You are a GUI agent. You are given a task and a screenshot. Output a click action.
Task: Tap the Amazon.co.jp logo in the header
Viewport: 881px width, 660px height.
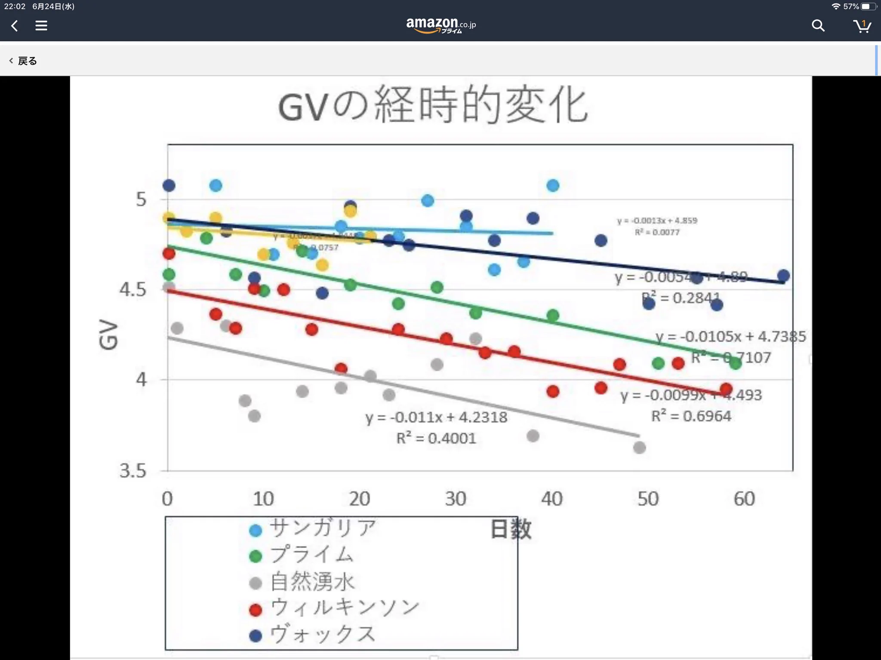click(x=440, y=25)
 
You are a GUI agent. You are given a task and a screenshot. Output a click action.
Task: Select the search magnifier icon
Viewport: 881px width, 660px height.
click(x=818, y=26)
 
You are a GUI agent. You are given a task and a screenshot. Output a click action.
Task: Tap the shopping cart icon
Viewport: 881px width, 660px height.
click(x=862, y=26)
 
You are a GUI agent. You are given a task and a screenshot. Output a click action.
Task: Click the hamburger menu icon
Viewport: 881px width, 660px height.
click(x=41, y=26)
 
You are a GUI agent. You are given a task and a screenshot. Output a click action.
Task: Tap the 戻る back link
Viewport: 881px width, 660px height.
click(x=24, y=61)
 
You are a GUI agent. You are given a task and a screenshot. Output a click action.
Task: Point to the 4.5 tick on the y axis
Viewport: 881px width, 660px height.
click(x=133, y=289)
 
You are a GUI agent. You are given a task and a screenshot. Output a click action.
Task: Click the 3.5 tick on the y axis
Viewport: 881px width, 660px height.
click(x=133, y=471)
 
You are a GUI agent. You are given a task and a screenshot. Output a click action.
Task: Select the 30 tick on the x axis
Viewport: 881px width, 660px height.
click(x=456, y=499)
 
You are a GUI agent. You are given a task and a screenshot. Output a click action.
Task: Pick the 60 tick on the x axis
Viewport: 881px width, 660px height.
click(x=744, y=499)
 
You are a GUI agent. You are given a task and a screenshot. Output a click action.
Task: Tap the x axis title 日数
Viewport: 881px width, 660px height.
click(x=511, y=529)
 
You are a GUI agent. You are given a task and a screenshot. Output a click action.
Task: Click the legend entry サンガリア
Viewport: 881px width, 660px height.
click(x=323, y=528)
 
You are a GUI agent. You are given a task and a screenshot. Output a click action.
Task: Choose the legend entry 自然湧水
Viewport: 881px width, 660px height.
click(x=312, y=582)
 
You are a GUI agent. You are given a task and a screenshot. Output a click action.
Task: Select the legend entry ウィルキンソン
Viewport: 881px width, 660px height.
click(x=344, y=608)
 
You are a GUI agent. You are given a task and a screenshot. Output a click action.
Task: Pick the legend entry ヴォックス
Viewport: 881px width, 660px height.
click(x=323, y=634)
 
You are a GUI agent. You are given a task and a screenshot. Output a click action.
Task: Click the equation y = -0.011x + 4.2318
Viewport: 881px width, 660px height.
click(x=436, y=417)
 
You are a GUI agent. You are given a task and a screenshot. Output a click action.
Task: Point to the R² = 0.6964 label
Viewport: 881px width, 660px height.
click(x=691, y=416)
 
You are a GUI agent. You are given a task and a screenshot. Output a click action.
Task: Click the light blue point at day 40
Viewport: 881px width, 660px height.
click(x=553, y=186)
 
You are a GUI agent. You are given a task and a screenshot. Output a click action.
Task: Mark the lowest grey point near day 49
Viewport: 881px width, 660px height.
click(x=639, y=448)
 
